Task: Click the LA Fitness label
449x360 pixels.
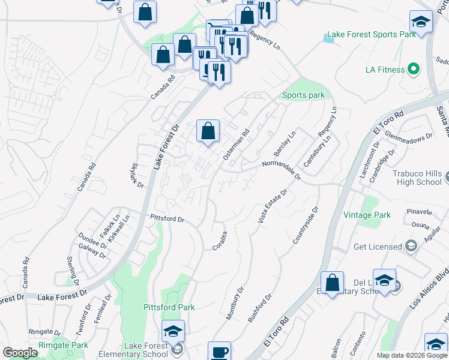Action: tap(385, 70)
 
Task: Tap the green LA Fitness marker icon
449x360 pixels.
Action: tap(414, 70)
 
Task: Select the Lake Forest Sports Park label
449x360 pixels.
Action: tap(372, 35)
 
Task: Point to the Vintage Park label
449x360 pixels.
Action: tap(367, 215)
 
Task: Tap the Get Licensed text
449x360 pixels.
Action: tap(378, 247)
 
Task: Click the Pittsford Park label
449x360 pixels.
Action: tap(169, 307)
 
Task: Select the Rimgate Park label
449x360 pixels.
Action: tap(63, 345)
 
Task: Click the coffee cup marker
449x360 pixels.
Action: tap(219, 352)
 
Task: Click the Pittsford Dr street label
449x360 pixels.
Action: tap(167, 219)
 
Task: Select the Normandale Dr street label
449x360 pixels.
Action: tap(281, 167)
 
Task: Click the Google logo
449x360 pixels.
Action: tap(20, 353)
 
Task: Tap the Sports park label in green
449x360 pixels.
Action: tap(303, 95)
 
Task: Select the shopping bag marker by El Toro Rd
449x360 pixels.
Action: tap(332, 283)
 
